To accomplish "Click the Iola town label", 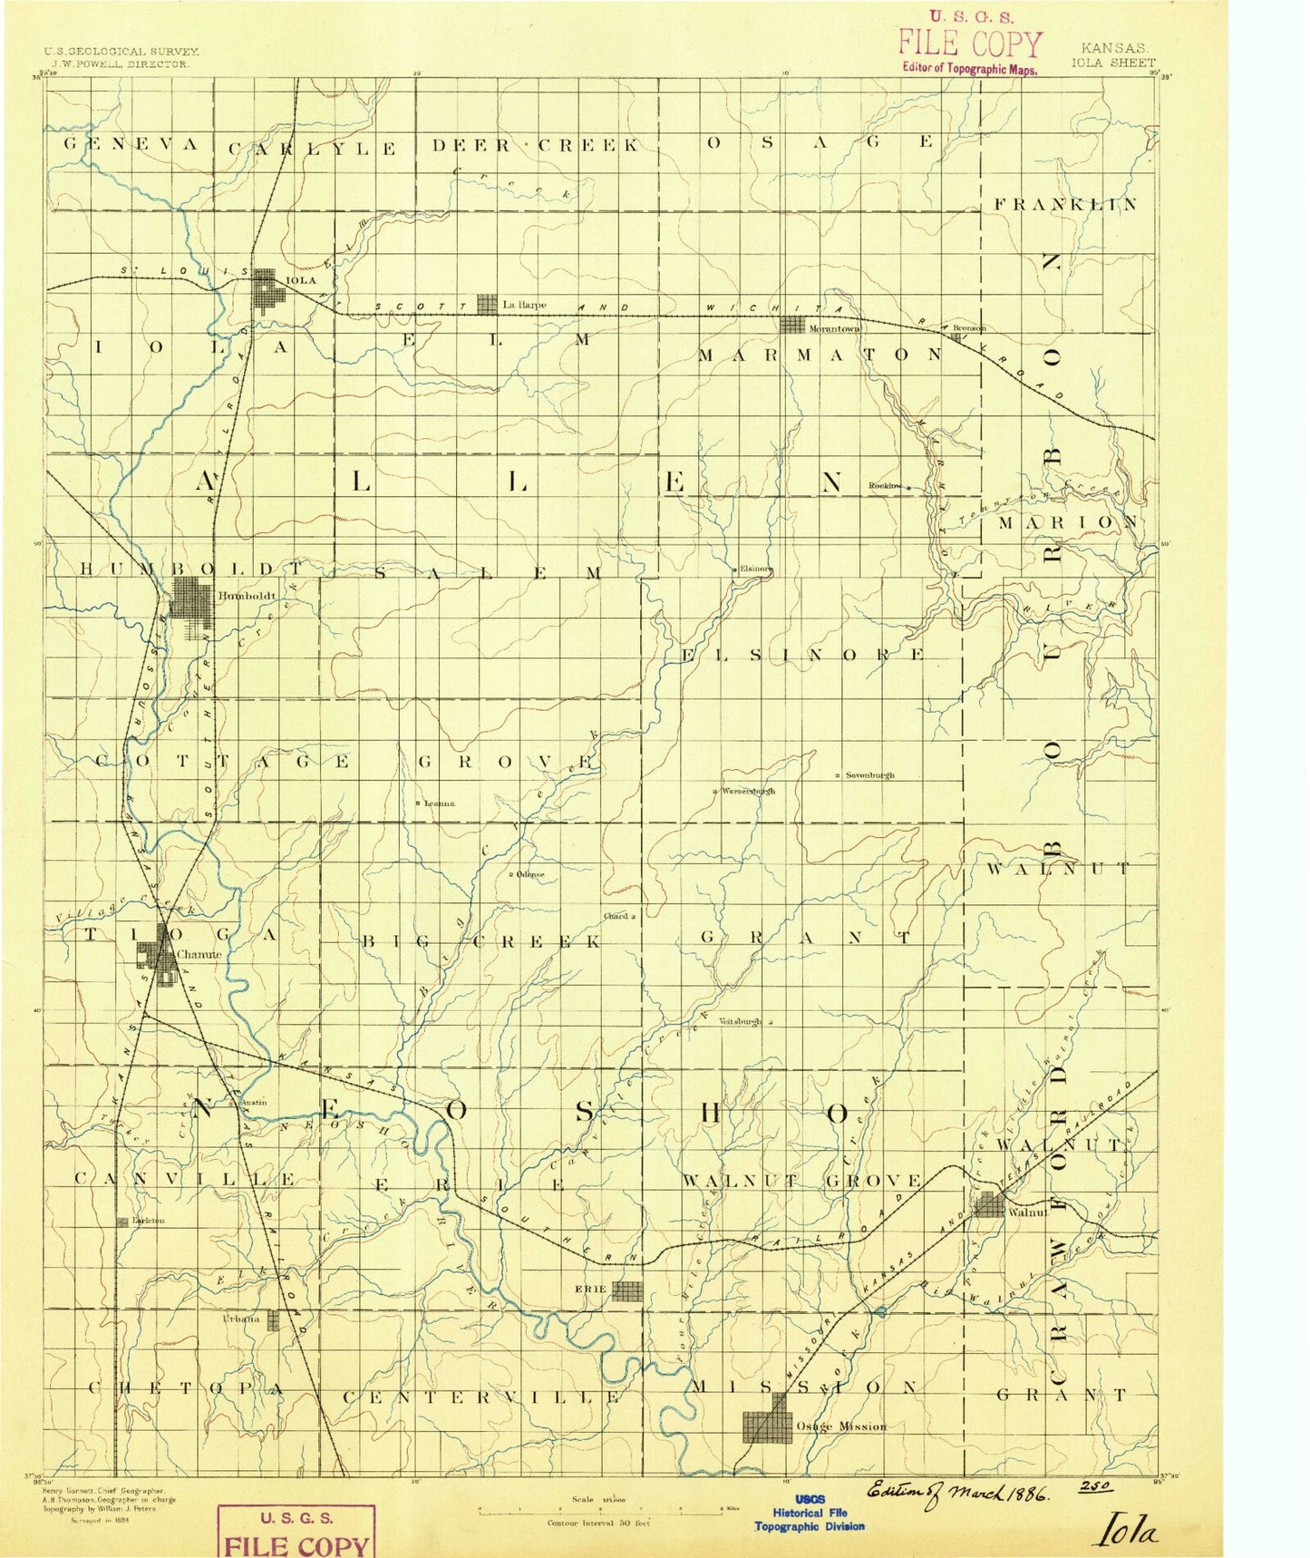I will click(301, 280).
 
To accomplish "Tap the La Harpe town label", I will click(524, 306).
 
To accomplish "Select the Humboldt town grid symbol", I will click(192, 599).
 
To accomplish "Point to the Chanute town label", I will click(199, 954).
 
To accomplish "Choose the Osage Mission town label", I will click(840, 1427).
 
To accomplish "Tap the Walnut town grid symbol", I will click(989, 1205).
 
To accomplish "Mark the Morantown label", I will click(834, 328).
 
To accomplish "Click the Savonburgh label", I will click(870, 775).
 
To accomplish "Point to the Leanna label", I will click(440, 803).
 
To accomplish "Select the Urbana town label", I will click(241, 1319).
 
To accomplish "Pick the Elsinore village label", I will click(756, 570).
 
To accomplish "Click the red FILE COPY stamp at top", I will click(970, 44).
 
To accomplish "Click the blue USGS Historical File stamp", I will click(810, 1514).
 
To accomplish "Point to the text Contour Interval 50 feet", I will click(598, 1523).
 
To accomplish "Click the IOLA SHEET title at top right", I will click(1113, 63).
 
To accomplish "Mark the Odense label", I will click(530, 874).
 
